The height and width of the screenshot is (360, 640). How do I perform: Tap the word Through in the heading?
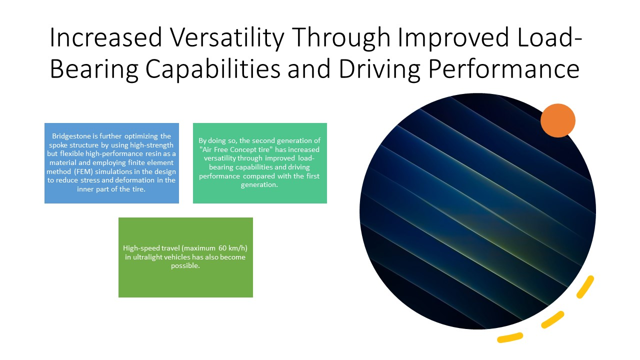(341, 37)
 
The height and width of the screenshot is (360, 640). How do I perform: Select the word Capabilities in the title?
(213, 69)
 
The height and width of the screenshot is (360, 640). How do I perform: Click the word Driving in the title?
(379, 69)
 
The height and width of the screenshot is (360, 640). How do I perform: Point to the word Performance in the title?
(504, 69)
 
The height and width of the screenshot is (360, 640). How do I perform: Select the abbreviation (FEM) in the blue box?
(83, 171)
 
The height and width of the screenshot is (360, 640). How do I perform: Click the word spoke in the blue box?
(58, 145)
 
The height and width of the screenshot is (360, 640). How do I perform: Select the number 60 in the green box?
(222, 248)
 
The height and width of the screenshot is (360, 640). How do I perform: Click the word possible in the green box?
(184, 266)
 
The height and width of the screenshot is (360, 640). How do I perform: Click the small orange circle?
(557, 120)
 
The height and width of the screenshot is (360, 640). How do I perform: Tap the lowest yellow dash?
(510, 337)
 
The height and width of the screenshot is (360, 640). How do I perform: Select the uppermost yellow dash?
(585, 287)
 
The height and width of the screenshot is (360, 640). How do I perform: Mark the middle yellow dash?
(552, 319)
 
